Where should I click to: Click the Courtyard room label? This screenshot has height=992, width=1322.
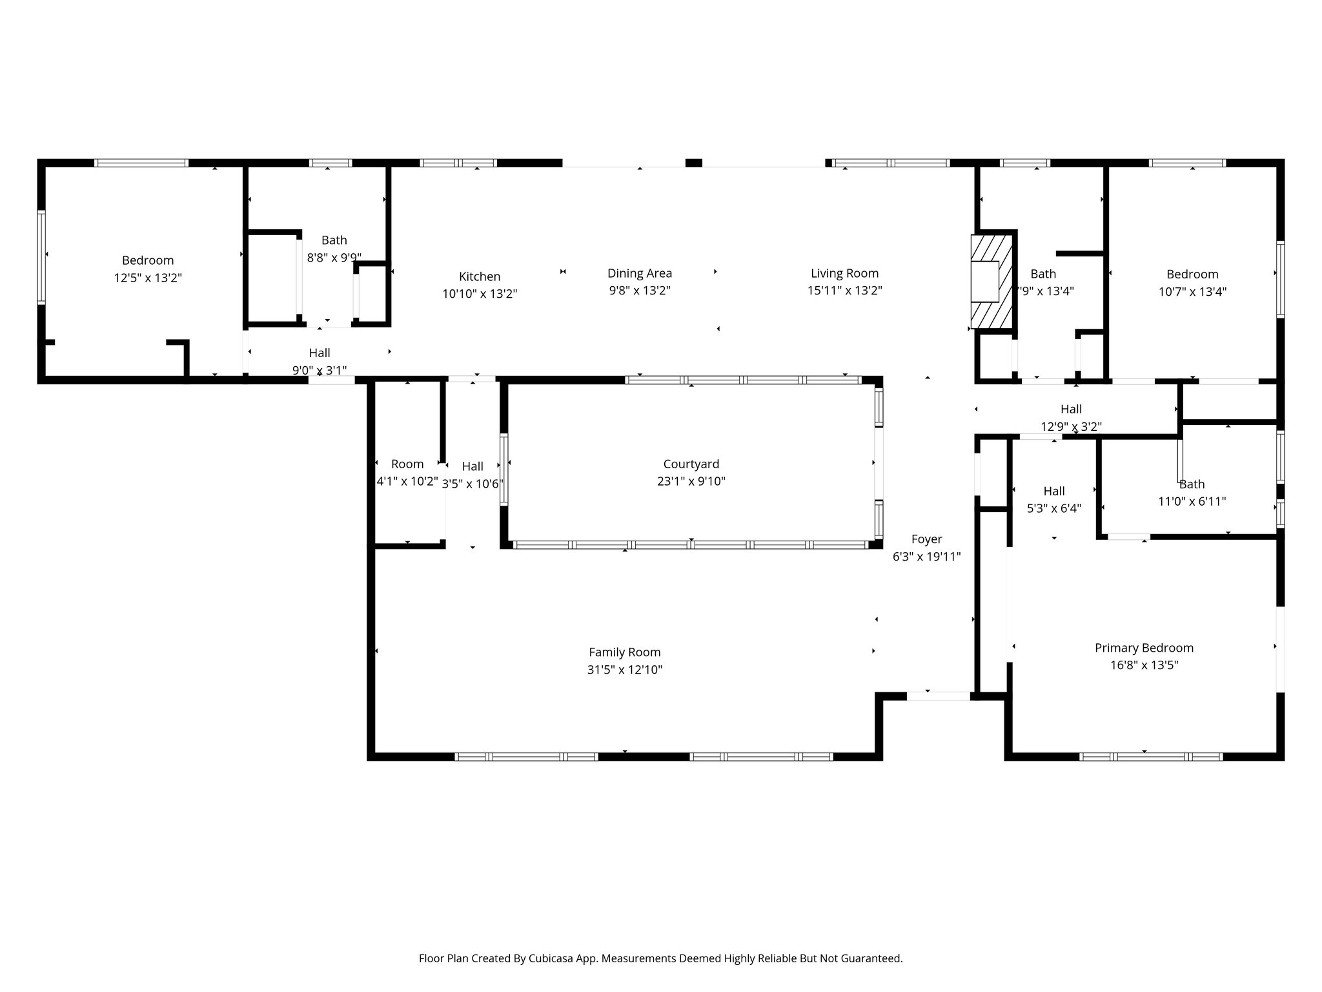(691, 464)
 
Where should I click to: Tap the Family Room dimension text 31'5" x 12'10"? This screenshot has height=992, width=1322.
(624, 670)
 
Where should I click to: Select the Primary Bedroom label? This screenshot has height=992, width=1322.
(1144, 648)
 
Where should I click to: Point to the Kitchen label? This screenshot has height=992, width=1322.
(479, 276)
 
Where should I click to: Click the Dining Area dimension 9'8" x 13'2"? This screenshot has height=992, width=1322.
(639, 291)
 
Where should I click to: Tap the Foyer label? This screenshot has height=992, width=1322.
(926, 539)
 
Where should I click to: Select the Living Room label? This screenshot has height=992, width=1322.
(844, 273)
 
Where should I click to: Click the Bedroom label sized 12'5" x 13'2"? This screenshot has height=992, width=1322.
(148, 260)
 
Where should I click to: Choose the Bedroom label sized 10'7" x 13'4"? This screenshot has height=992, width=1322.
(1192, 274)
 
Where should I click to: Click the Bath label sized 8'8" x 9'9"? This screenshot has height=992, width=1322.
(334, 240)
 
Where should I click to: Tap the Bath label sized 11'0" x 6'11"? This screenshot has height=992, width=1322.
(1192, 484)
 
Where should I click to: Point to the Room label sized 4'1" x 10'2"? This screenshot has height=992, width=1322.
(407, 464)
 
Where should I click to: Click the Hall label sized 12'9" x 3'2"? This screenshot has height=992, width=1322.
(1071, 409)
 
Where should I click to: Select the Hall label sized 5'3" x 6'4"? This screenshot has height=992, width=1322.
(1053, 491)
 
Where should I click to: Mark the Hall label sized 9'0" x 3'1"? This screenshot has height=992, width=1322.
(319, 353)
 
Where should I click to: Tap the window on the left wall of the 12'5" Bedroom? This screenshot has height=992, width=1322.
(41, 256)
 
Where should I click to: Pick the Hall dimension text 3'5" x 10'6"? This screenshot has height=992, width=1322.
(473, 484)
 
